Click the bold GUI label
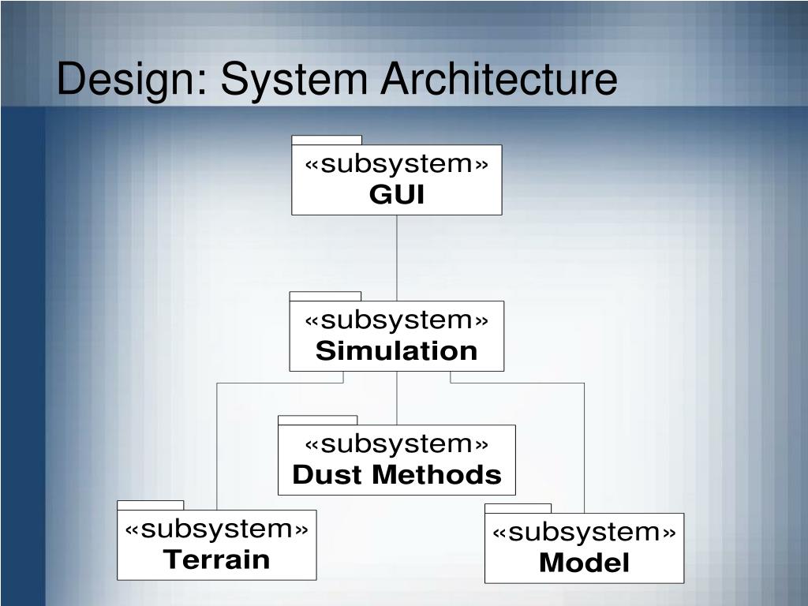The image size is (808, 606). [x=397, y=195]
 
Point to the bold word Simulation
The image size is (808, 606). [x=397, y=351]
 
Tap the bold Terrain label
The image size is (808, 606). [x=217, y=560]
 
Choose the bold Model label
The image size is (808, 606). [x=585, y=563]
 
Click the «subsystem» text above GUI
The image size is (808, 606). [x=397, y=164]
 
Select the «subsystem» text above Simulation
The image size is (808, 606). [x=397, y=320]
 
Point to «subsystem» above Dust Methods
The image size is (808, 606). [x=397, y=444]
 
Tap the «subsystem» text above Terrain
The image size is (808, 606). [x=217, y=529]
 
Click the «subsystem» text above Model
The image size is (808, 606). [x=585, y=533]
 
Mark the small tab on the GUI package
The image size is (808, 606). [x=327, y=140]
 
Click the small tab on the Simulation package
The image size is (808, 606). [x=325, y=297]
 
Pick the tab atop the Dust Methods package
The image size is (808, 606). [x=318, y=421]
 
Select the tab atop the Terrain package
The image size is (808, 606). [x=151, y=505]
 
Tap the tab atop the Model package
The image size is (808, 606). [x=518, y=508]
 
